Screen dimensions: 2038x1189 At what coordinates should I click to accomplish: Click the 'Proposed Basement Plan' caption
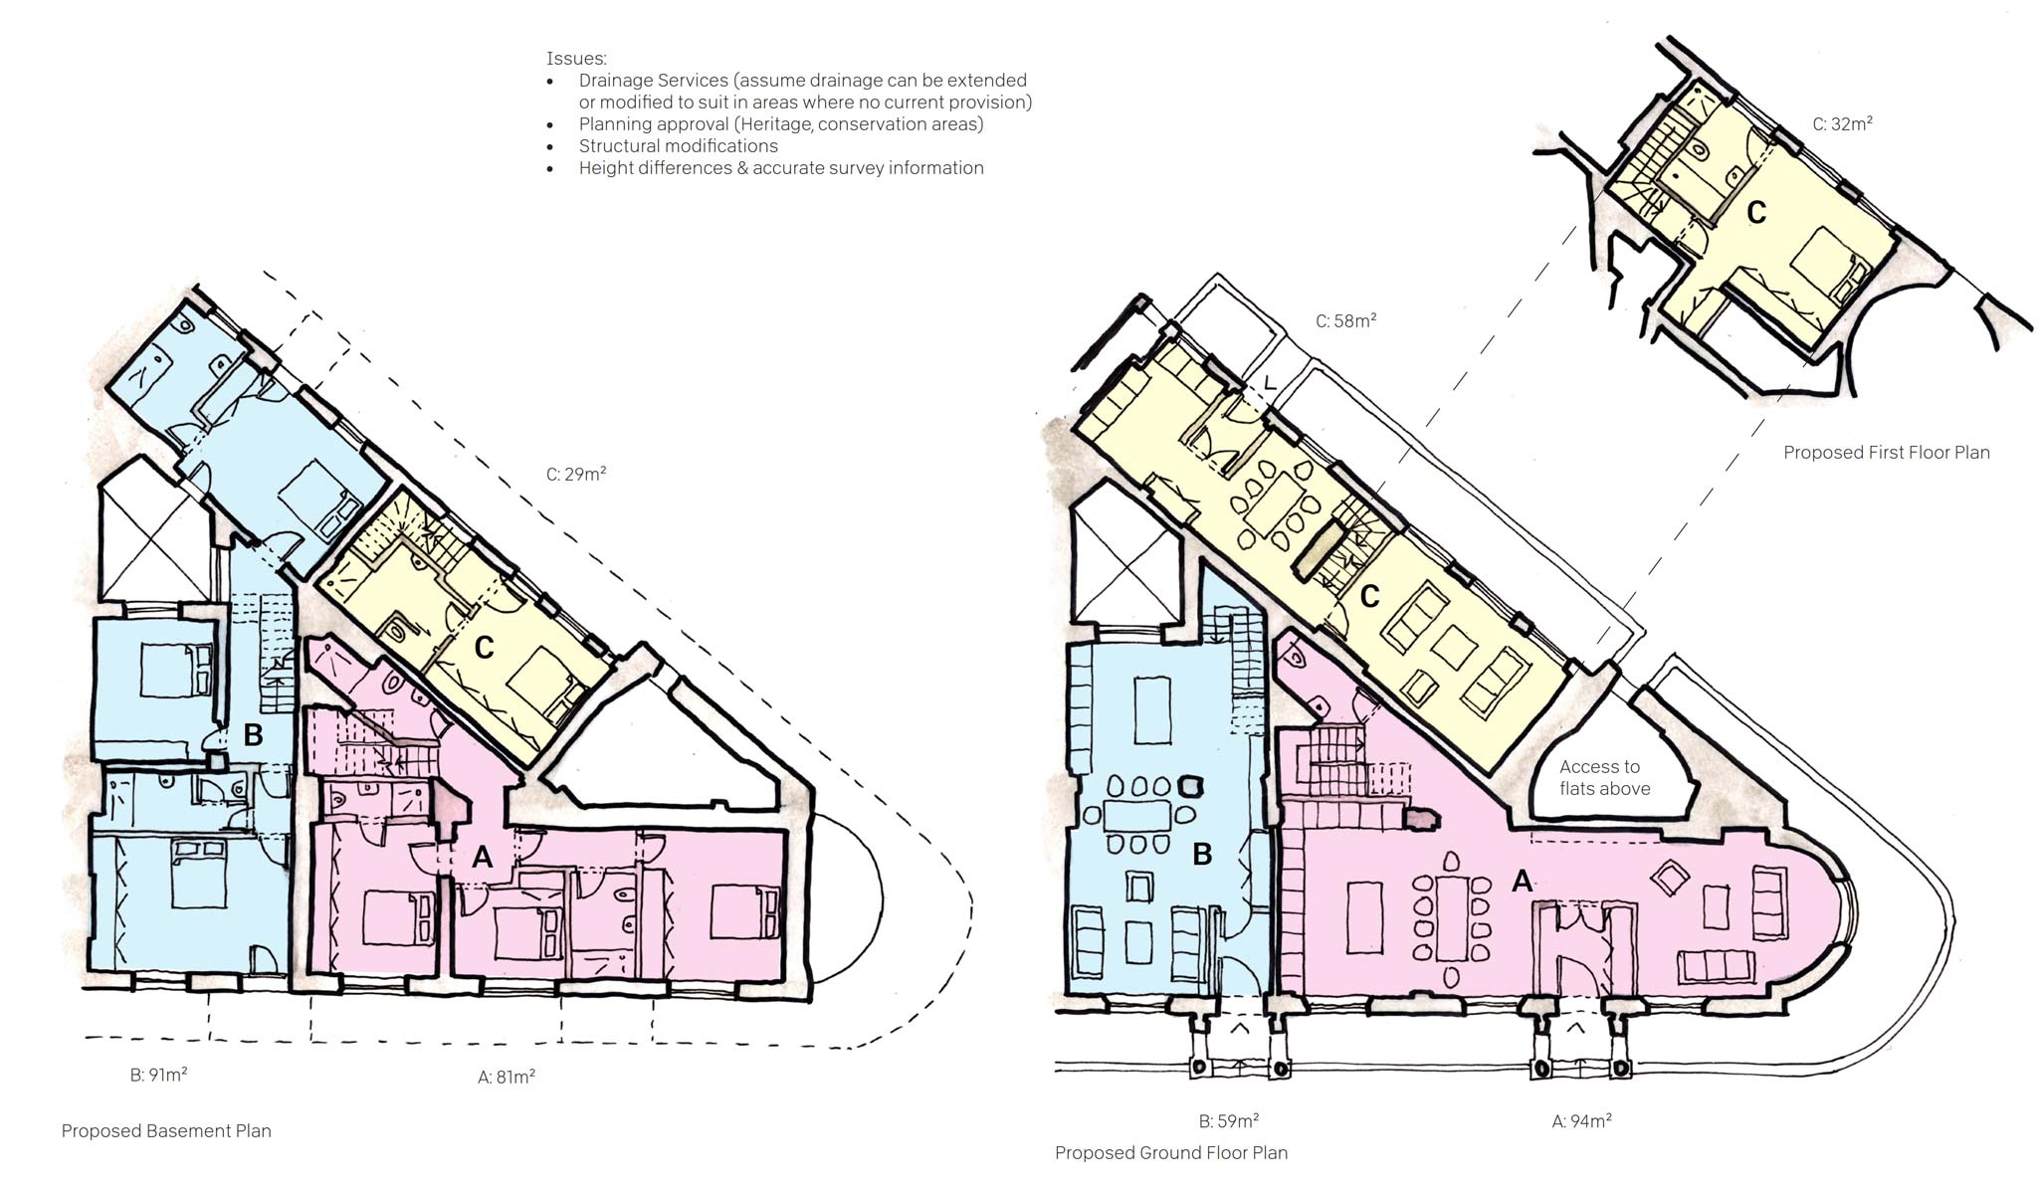[166, 1130]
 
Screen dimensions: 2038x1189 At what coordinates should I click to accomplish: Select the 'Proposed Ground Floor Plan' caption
[1171, 1152]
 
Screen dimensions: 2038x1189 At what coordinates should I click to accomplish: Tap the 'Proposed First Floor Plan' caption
[1887, 452]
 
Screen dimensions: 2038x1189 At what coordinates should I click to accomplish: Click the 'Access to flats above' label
[1604, 777]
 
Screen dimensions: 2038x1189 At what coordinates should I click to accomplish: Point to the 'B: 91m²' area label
[159, 1075]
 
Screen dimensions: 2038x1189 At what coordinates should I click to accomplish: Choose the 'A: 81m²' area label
[507, 1076]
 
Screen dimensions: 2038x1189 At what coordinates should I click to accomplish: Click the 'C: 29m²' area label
[576, 474]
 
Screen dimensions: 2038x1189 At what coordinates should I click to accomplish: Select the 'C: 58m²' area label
[1346, 320]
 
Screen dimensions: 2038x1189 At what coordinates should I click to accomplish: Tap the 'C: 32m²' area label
[1842, 123]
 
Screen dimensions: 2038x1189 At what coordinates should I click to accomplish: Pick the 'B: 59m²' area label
[1229, 1120]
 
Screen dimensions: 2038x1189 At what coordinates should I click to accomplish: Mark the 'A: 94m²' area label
[1582, 1120]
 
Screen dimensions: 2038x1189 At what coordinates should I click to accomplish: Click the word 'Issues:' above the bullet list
[576, 59]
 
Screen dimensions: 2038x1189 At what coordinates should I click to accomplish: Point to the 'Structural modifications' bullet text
[679, 145]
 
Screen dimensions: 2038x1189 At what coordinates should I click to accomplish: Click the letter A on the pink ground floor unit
[1522, 881]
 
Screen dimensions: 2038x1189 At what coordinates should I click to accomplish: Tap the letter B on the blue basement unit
[253, 735]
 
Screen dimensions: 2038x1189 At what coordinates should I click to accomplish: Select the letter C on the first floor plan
[1756, 213]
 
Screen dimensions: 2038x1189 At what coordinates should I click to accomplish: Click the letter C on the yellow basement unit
[485, 648]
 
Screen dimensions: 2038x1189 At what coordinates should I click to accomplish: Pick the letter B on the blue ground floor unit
[1202, 855]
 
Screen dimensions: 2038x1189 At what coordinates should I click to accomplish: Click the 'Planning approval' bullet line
[781, 123]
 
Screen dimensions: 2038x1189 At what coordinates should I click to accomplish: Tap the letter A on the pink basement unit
[483, 856]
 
